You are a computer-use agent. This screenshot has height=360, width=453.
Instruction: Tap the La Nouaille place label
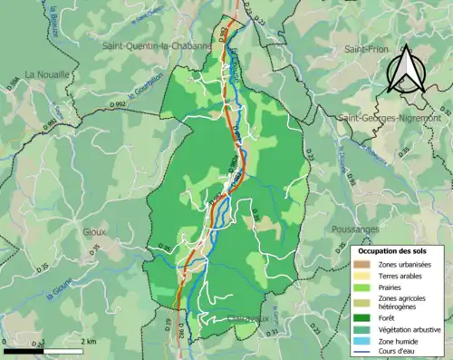(x=47, y=74)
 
